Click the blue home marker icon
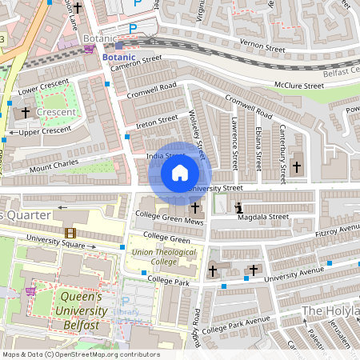[x=180, y=173]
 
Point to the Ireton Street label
[x=157, y=120]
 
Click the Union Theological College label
[x=154, y=257]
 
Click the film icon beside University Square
[x=70, y=233]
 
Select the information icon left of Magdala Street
[x=238, y=209]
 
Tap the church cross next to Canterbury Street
[x=297, y=166]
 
